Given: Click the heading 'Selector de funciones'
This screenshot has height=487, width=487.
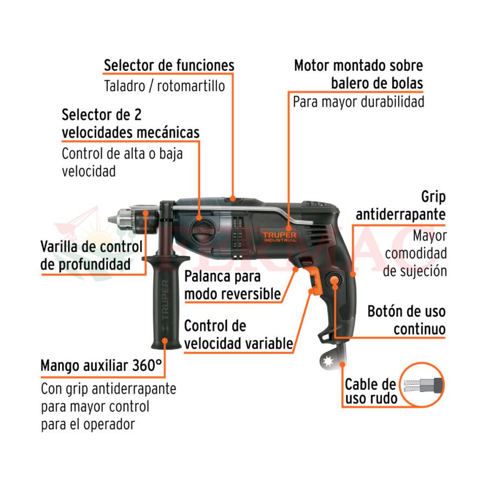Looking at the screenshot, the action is click(169, 65).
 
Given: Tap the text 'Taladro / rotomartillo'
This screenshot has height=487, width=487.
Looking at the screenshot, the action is click(164, 86).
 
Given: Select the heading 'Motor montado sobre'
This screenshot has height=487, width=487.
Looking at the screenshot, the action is click(358, 65).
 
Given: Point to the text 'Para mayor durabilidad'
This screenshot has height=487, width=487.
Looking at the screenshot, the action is click(358, 102).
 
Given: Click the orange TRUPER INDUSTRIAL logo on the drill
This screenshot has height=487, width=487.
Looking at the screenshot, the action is click(280, 236).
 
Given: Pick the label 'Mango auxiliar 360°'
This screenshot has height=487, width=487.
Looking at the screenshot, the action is click(101, 366).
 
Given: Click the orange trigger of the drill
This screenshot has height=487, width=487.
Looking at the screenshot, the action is click(315, 280).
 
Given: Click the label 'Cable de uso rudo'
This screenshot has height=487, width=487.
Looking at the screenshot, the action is click(371, 391).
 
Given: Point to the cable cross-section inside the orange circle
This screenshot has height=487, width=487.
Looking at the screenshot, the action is click(423, 385).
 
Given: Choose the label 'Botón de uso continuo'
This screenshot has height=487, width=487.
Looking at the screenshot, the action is click(406, 320).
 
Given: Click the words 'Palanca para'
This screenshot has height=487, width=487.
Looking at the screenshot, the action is click(222, 277).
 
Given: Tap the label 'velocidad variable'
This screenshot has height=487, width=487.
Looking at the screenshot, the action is click(239, 344).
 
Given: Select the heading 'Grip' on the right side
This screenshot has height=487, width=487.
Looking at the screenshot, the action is click(433, 197).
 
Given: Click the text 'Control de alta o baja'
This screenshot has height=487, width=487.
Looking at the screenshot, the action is click(122, 154).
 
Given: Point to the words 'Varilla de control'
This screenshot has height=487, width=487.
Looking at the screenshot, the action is click(91, 247).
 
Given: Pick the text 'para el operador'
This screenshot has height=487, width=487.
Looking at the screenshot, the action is click(88, 424).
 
